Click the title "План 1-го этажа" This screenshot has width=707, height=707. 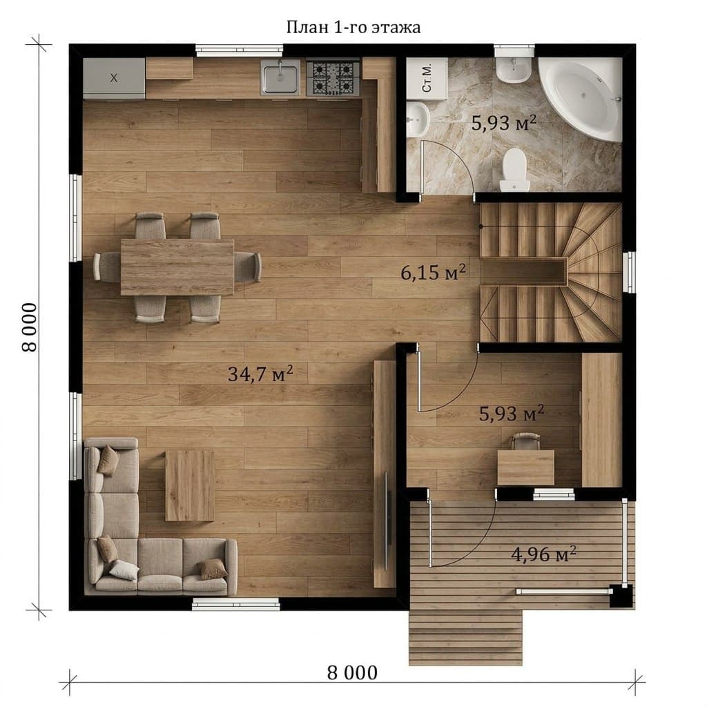point(353,28)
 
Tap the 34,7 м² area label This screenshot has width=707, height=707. point(260,374)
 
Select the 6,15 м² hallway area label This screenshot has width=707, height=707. point(433,272)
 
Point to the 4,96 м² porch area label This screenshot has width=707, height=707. point(543,553)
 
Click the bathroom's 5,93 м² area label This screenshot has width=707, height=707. point(503,122)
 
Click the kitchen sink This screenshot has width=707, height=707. point(280,79)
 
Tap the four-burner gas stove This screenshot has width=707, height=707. point(333,79)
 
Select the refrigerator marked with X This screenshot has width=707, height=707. point(114,78)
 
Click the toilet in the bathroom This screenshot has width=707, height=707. point(514,170)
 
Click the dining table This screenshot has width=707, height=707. point(177,267)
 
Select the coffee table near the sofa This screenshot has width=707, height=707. point(189,485)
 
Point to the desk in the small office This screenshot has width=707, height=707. point(525,467)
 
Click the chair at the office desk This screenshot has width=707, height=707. point(525,441)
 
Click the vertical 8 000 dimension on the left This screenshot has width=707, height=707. point(29,327)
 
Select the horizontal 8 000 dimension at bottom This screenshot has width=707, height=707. point(353,672)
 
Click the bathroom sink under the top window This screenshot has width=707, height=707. point(514,70)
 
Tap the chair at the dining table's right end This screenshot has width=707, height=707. point(247,267)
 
